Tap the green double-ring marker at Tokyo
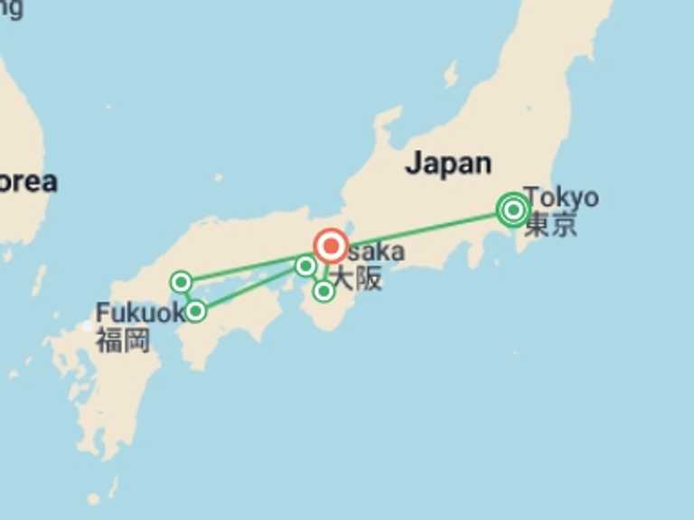pos(513,210)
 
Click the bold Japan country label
pos(448,163)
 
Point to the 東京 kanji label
pos(550,225)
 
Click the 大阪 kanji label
pos(358,279)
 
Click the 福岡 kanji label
pos(123,341)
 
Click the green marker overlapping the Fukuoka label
pos(195,311)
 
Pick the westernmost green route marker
pos(181,283)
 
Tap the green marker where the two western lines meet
pos(305,265)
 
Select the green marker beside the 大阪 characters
pos(324,291)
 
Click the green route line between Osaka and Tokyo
pos(425,227)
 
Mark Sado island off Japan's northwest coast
pos(451,72)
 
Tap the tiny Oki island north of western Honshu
pos(218,178)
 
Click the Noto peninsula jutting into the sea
pos(387,122)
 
